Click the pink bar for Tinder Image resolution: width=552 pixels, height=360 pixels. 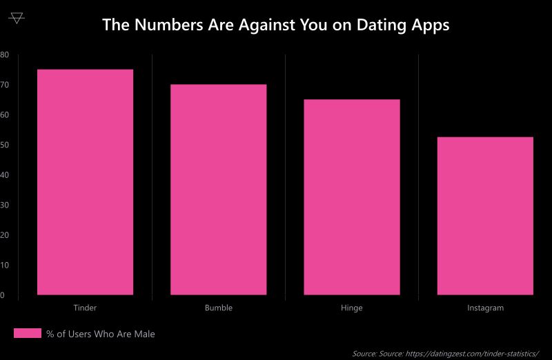tap(85, 182)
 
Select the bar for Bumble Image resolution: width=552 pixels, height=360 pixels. tap(218, 190)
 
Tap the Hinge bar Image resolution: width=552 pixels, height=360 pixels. tap(351, 197)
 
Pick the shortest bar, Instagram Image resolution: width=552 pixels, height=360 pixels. tap(485, 216)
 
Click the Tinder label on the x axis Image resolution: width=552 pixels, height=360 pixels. tap(85, 308)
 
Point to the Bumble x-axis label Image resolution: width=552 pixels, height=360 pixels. tap(218, 308)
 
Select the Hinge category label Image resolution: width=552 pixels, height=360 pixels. tap(351, 308)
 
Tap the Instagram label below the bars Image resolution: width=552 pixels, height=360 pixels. tap(485, 308)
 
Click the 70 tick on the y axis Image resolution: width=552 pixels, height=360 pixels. tap(4, 85)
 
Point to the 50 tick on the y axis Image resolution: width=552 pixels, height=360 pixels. tap(4, 145)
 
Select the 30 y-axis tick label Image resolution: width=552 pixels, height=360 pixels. tap(4, 205)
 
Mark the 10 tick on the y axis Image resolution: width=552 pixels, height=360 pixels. tap(4, 265)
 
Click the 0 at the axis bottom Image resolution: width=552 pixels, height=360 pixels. tap(3, 295)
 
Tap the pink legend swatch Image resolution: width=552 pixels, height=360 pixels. tap(28, 334)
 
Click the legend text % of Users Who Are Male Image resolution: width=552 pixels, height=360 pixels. tap(101, 334)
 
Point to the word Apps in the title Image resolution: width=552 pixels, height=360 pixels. tap(432, 26)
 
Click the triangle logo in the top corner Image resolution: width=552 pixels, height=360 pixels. tap(17, 18)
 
